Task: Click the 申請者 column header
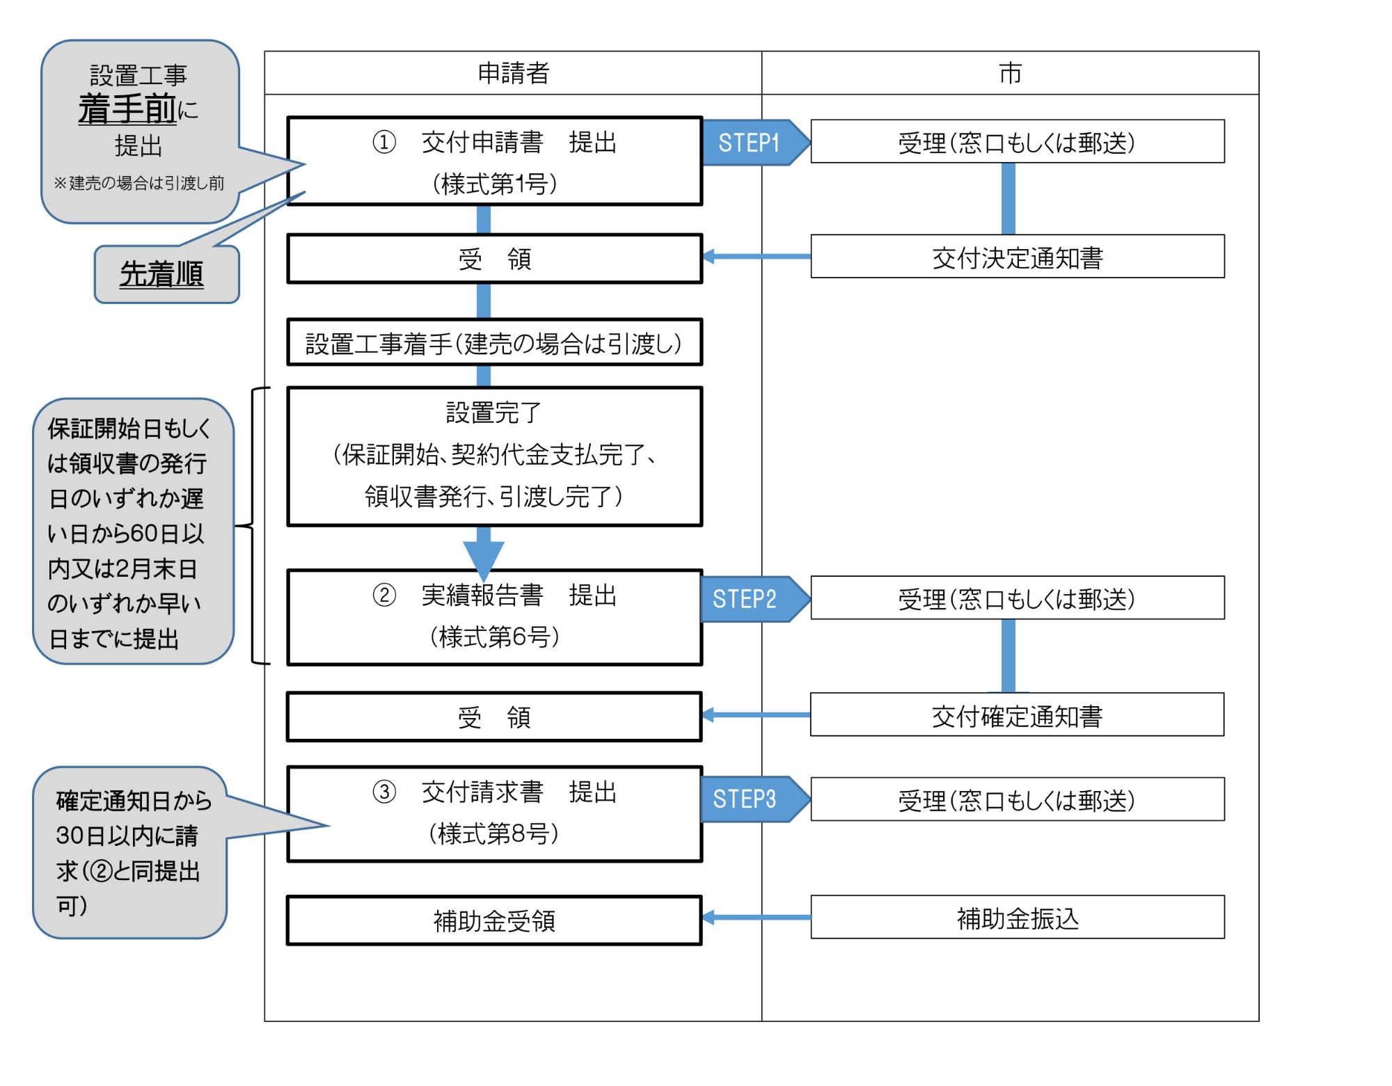tap(513, 73)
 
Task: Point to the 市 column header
tap(1010, 73)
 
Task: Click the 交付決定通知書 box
tap(1017, 257)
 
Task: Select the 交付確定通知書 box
tap(1017, 714)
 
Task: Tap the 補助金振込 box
tap(1017, 918)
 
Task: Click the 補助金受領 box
tap(494, 920)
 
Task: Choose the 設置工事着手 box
tap(494, 343)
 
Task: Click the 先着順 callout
tap(161, 274)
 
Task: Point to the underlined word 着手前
tap(127, 109)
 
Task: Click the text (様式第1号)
tap(494, 184)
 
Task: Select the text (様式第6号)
tap(494, 637)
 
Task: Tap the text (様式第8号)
tap(494, 833)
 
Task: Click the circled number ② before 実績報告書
tap(384, 596)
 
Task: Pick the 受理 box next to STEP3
tap(1017, 799)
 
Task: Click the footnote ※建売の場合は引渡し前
tap(139, 183)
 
